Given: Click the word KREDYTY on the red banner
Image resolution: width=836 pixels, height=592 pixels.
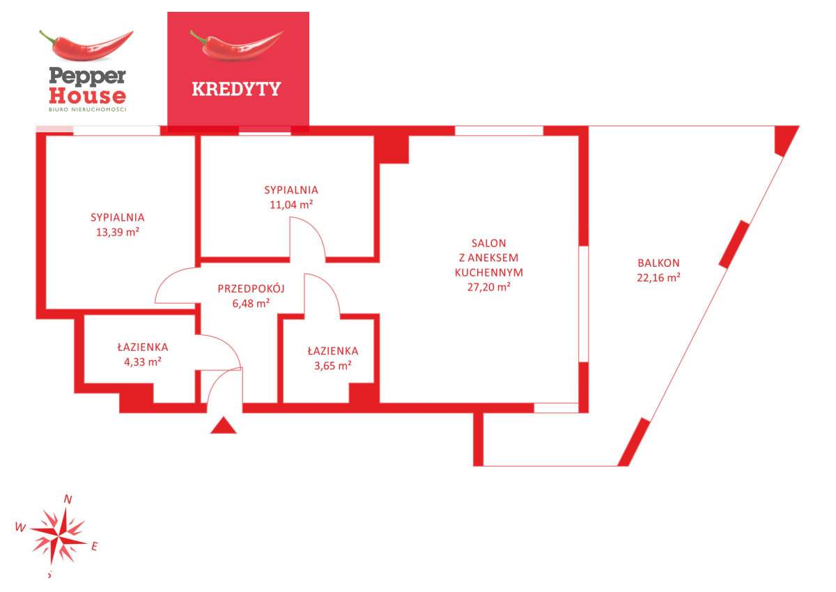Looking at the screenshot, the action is pyautogui.click(x=236, y=88).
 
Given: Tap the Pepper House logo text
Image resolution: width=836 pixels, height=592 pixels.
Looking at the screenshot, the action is pyautogui.click(x=87, y=86).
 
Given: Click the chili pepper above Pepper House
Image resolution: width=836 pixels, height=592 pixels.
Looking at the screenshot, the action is pyautogui.click(x=86, y=45).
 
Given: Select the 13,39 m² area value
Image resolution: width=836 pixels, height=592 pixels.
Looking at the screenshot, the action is pyautogui.click(x=118, y=232).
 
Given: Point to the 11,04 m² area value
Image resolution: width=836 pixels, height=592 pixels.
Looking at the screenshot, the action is pyautogui.click(x=291, y=205).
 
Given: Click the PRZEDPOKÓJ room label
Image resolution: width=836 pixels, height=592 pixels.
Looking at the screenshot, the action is pyautogui.click(x=251, y=288).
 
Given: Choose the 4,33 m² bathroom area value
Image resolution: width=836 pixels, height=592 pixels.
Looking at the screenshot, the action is pyautogui.click(x=143, y=362).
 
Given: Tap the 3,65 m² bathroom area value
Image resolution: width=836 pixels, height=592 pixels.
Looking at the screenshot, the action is pyautogui.click(x=332, y=366).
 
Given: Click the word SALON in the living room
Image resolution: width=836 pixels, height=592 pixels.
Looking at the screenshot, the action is pyautogui.click(x=488, y=243).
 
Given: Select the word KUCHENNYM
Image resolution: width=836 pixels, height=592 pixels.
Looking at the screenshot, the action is pyautogui.click(x=488, y=272).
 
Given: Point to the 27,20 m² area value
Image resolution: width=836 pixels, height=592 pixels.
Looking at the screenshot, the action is pyautogui.click(x=488, y=287).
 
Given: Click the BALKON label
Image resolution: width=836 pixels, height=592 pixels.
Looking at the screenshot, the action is pyautogui.click(x=658, y=263).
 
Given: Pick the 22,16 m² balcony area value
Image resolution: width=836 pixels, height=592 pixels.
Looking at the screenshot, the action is pyautogui.click(x=658, y=277).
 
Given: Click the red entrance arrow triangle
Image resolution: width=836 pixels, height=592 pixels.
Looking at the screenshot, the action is pyautogui.click(x=223, y=426).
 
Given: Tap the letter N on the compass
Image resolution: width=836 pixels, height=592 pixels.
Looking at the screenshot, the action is pyautogui.click(x=68, y=499).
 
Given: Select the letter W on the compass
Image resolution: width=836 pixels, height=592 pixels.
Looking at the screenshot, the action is pyautogui.click(x=20, y=527).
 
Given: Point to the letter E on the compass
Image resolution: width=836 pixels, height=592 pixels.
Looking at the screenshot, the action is pyautogui.click(x=95, y=547).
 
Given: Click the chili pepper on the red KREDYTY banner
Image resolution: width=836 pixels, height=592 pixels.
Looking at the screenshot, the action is pyautogui.click(x=237, y=45).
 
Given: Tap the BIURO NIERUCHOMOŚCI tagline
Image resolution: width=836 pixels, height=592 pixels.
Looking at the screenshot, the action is pyautogui.click(x=87, y=109).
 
